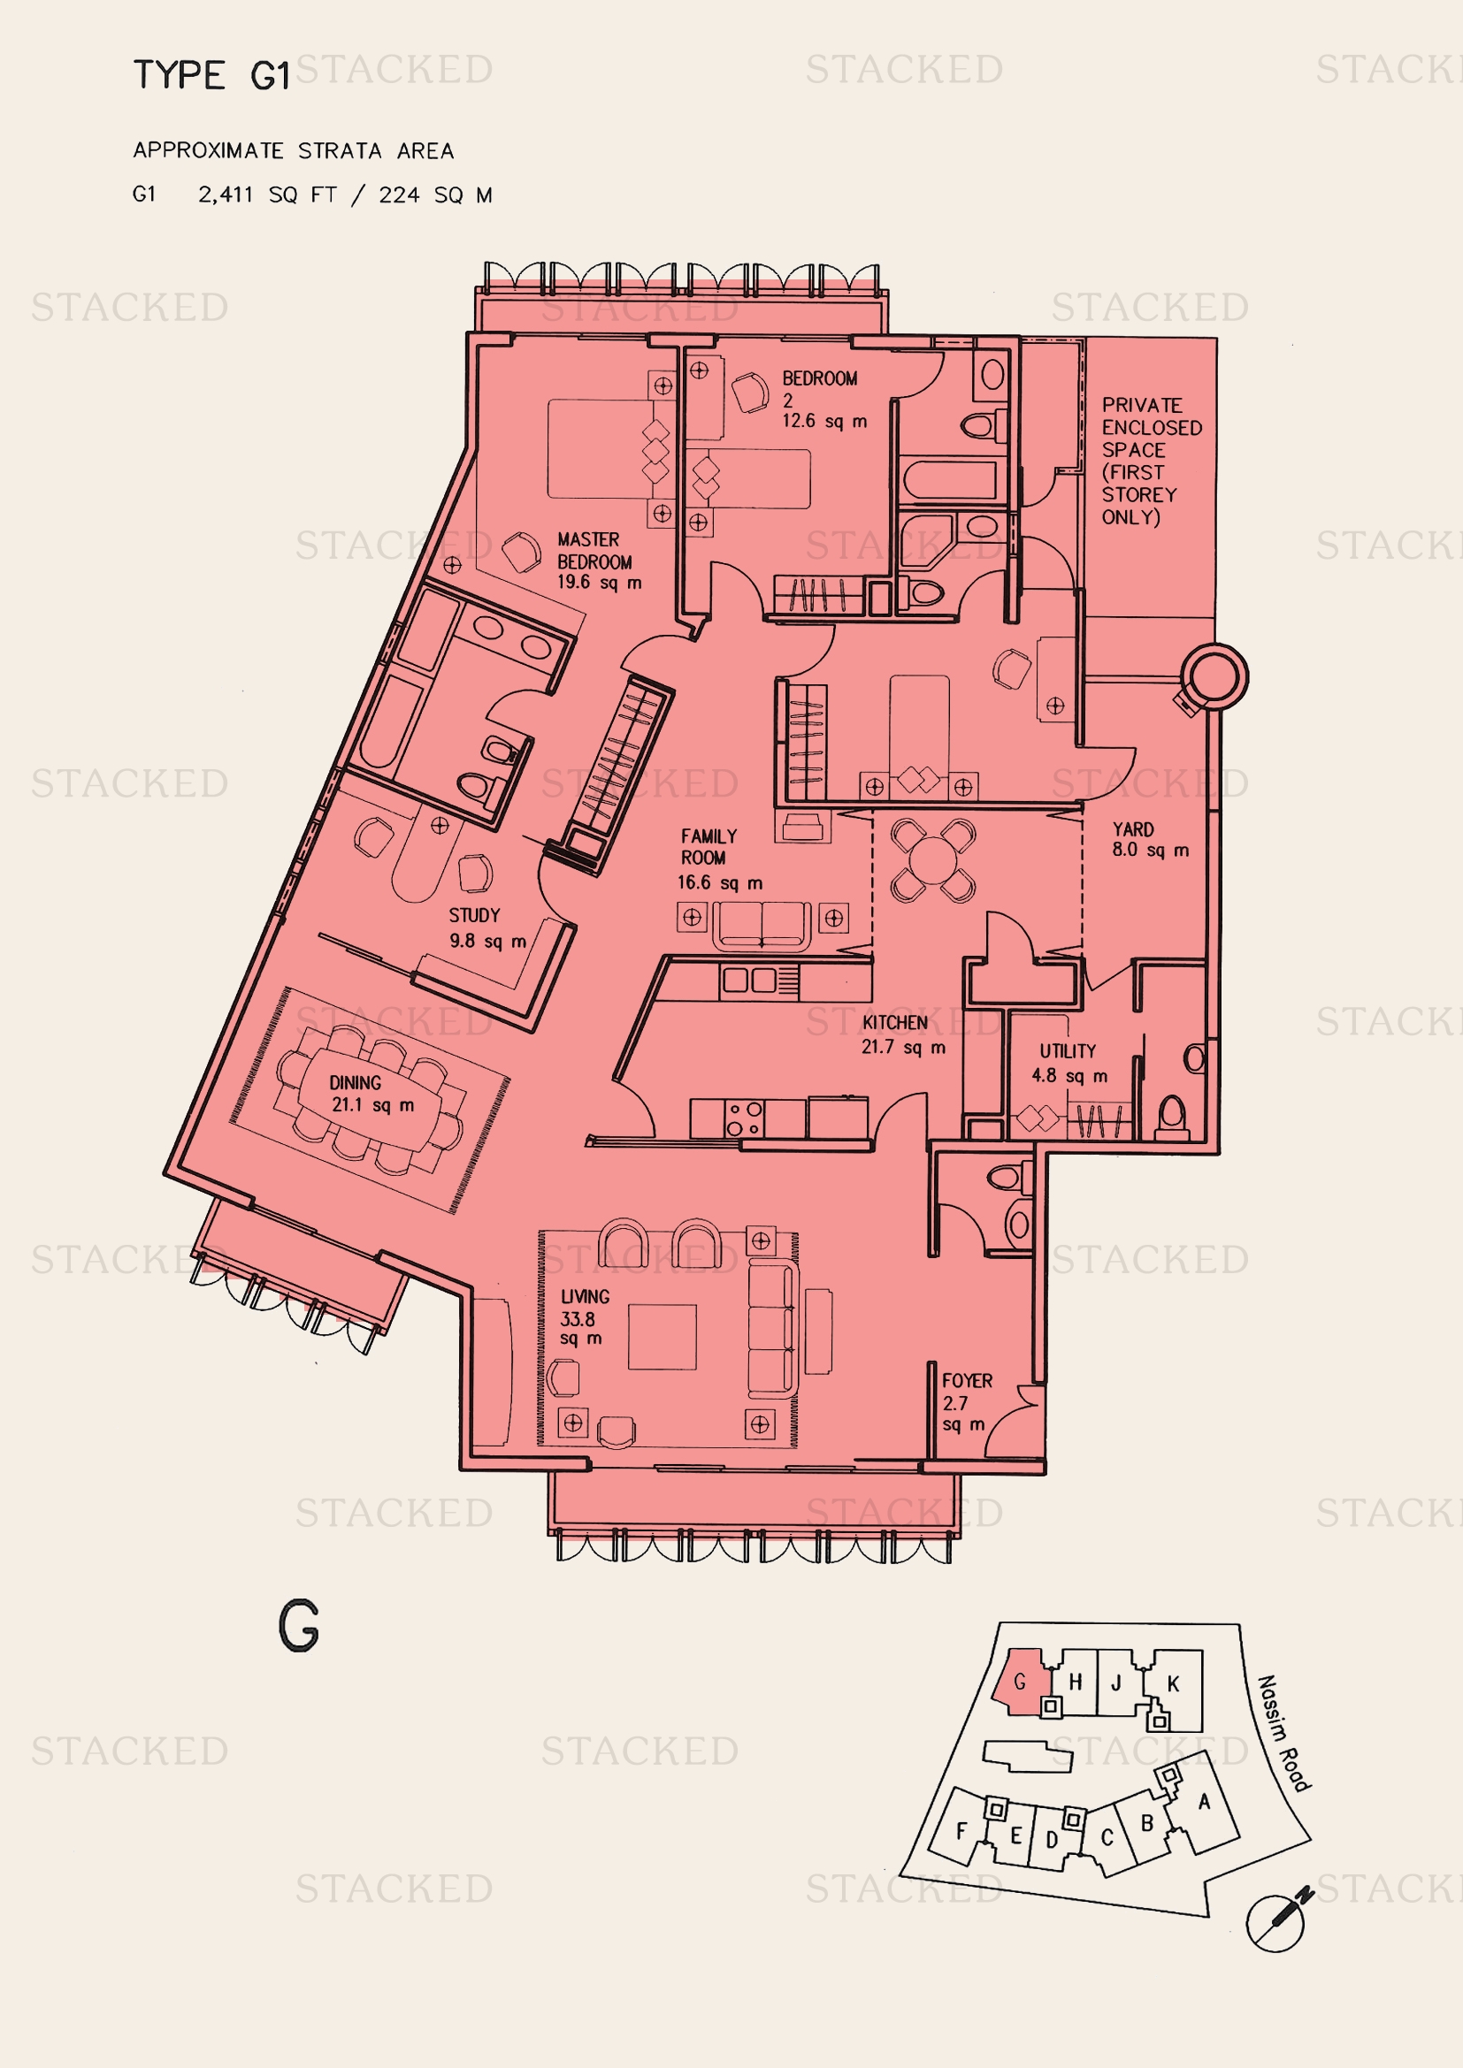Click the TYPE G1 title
tap(211, 75)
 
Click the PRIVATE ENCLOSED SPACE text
tap(1152, 461)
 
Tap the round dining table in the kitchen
tap(933, 860)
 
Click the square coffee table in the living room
tap(663, 1337)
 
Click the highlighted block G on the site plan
tap(1021, 1682)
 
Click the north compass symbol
tap(1277, 1921)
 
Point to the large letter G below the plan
tap(299, 1626)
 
